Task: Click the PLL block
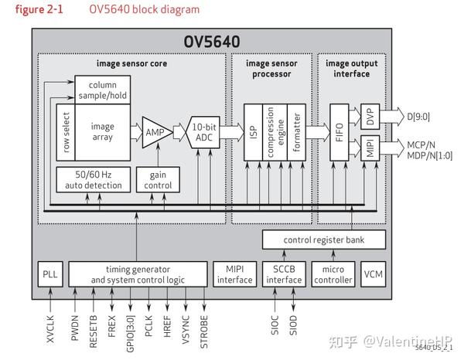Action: coord(48,273)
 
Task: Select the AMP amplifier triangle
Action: coord(155,131)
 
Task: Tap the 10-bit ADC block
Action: coord(204,131)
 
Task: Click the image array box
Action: coord(102,132)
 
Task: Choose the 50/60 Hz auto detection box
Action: coord(88,179)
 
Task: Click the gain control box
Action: coord(157,179)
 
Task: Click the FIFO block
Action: coord(339,131)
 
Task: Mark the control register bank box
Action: coord(322,240)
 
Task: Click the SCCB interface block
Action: coord(282,273)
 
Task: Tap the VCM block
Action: coord(373,273)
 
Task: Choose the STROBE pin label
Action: coord(204,327)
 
